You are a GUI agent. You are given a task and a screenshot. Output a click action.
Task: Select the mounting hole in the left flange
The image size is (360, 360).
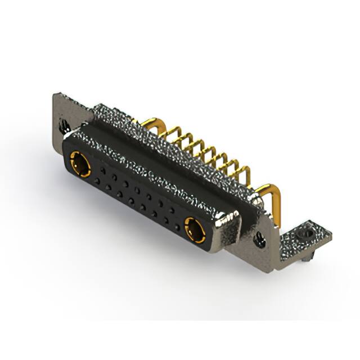click(x=64, y=125)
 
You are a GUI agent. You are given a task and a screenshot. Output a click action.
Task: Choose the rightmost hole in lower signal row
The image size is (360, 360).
click(x=178, y=227)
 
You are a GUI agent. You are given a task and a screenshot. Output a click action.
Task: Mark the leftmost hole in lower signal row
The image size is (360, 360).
click(x=97, y=181)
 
